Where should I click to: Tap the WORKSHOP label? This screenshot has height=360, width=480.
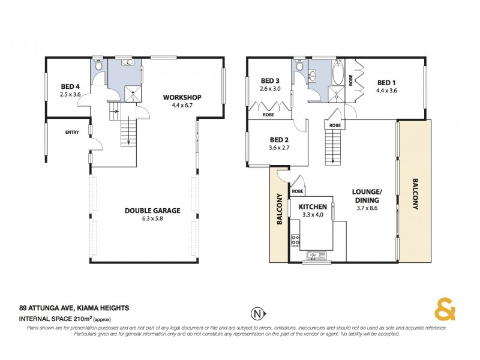[182, 98]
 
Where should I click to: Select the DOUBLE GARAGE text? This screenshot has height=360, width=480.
[152, 210]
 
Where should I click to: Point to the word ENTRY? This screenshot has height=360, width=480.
[73, 133]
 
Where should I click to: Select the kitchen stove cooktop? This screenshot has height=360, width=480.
[295, 241]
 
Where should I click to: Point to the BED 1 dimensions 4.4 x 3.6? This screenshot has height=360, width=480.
[386, 91]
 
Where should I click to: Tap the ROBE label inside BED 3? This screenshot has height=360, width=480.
[268, 115]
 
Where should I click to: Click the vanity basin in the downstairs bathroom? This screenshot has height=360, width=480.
[127, 62]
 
